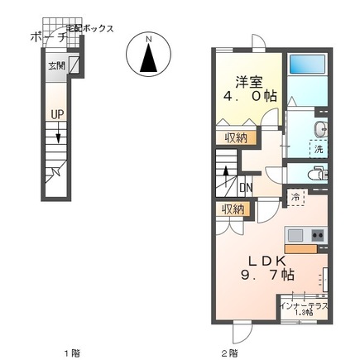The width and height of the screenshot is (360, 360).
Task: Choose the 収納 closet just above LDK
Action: pyautogui.click(x=233, y=209)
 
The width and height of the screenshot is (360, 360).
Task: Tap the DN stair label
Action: pyautogui.click(x=246, y=187)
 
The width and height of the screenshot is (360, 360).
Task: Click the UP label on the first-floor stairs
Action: pyautogui.click(x=56, y=114)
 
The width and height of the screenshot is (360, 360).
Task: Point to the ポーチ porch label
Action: pyautogui.click(x=41, y=37)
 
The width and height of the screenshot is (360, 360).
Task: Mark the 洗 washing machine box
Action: pyautogui.click(x=318, y=149)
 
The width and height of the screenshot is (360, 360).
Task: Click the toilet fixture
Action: pyautogui.click(x=317, y=174)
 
